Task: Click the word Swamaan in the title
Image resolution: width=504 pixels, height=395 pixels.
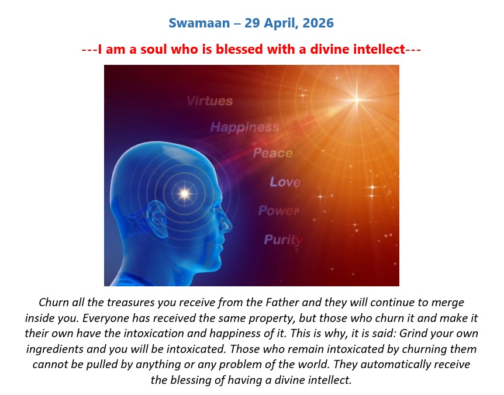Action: pyautogui.click(x=199, y=23)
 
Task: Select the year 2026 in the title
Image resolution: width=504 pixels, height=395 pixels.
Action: pyautogui.click(x=318, y=23)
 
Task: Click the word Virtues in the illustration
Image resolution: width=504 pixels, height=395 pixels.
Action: pyautogui.click(x=209, y=101)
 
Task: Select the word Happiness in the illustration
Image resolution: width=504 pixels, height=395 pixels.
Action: pyautogui.click(x=244, y=127)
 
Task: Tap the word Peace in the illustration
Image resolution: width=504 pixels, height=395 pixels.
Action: pyautogui.click(x=272, y=153)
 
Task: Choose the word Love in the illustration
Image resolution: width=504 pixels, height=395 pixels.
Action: pyautogui.click(x=285, y=182)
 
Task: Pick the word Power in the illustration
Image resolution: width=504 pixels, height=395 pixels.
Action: pyautogui.click(x=279, y=211)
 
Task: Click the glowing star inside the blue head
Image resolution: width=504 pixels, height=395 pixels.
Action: pyautogui.click(x=185, y=193)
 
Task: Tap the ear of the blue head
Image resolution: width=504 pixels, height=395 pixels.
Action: pyautogui.click(x=157, y=219)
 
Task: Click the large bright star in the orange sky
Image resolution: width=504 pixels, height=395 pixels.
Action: pyautogui.click(x=357, y=99)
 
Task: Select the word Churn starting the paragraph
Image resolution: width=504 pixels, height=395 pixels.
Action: pyautogui.click(x=54, y=303)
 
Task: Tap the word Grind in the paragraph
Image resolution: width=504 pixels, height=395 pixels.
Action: pyautogui.click(x=412, y=333)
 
